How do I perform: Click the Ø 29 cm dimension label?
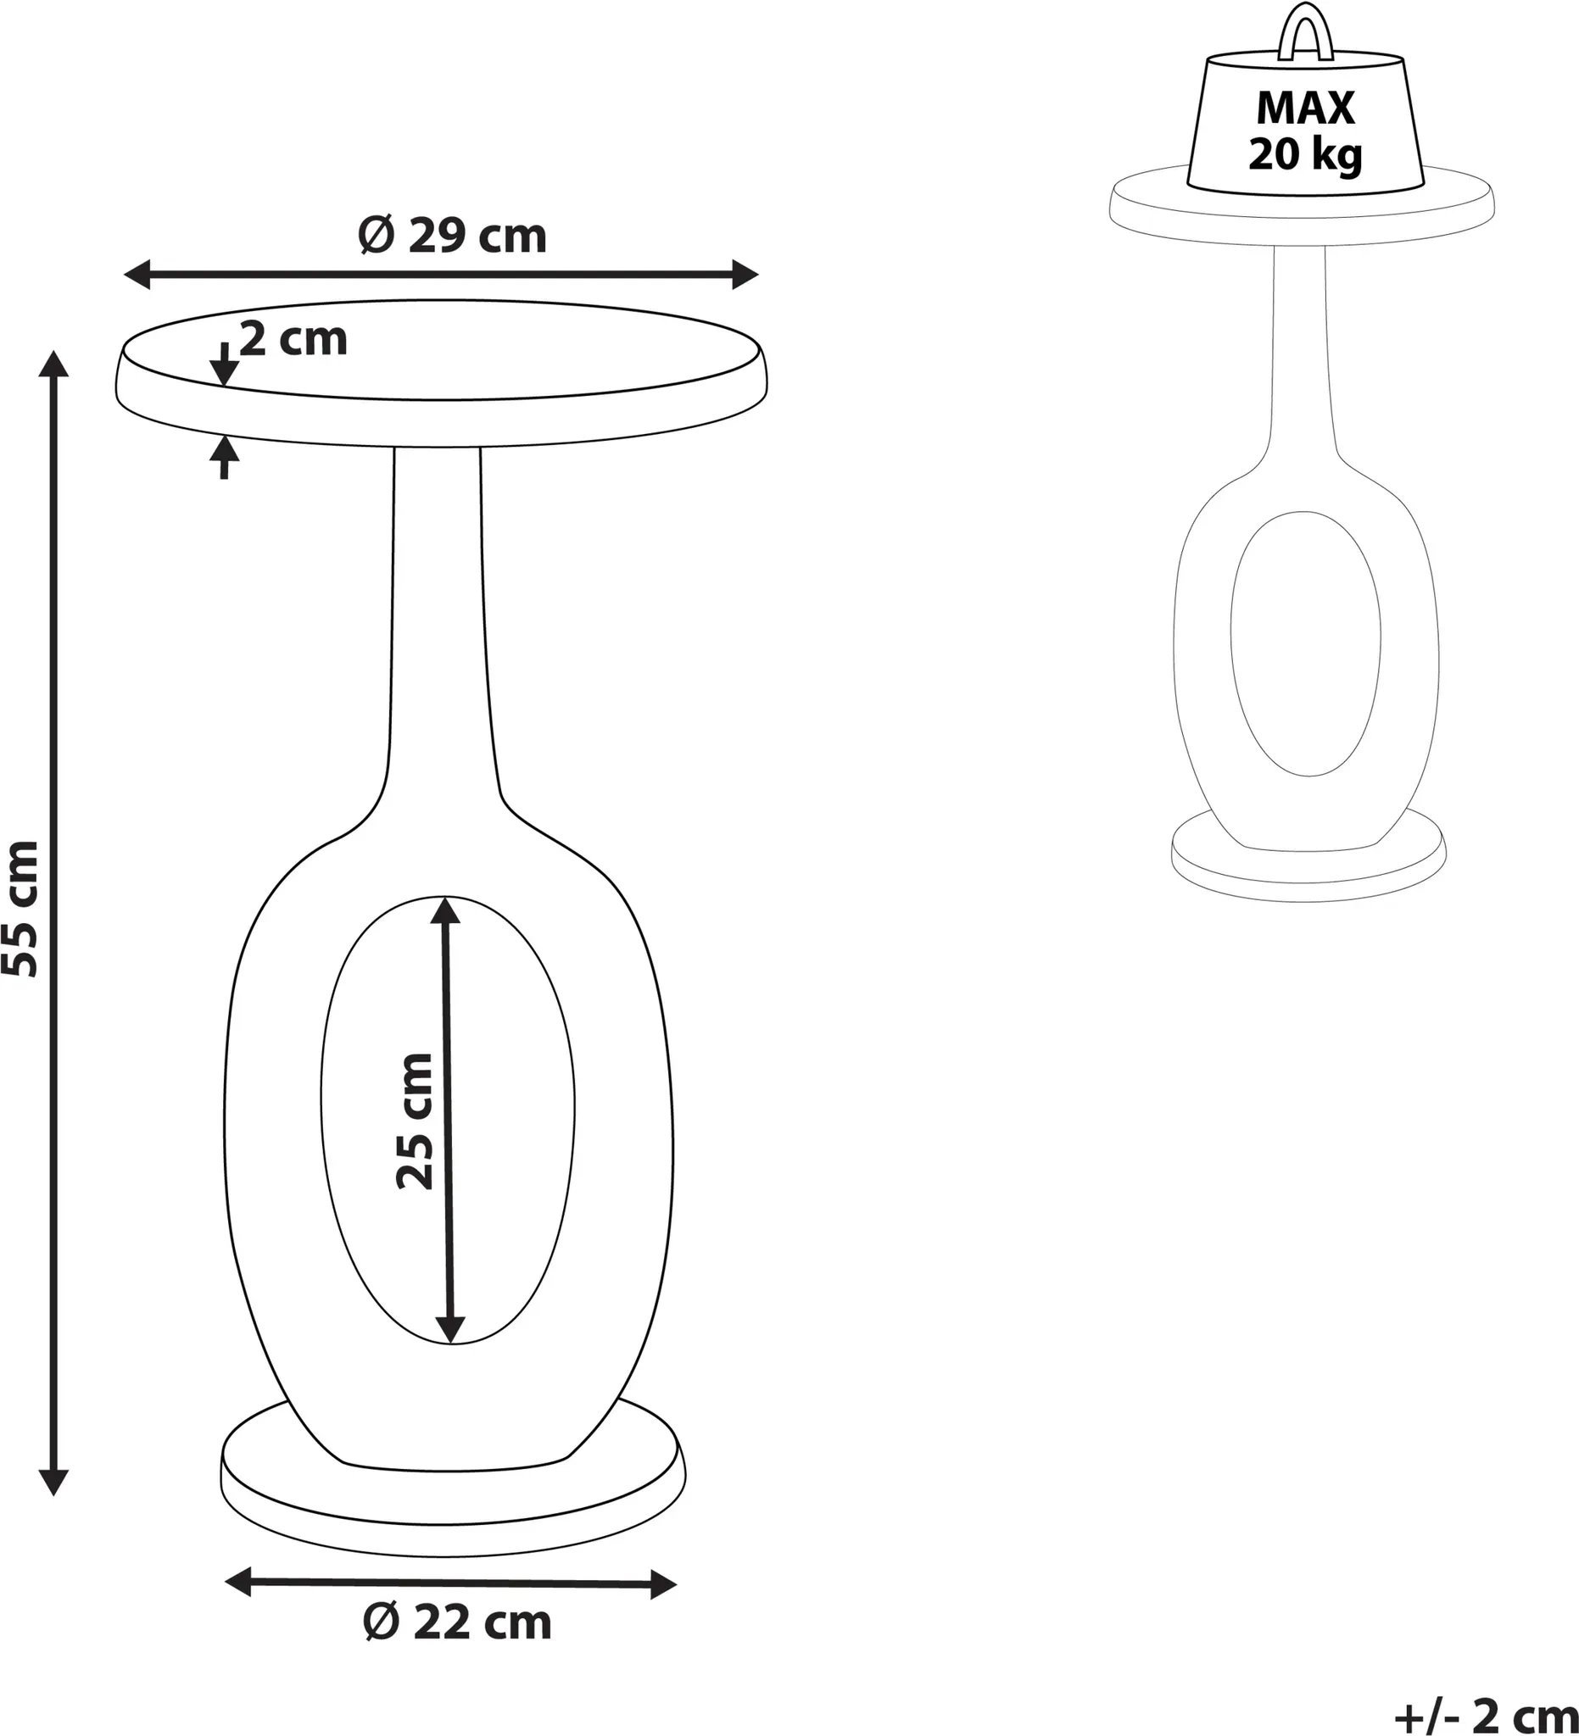[452, 235]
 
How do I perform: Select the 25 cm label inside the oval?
[416, 1121]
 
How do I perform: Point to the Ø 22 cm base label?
[457, 1623]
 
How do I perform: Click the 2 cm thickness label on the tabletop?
[293, 338]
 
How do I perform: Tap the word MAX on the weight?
[1305, 108]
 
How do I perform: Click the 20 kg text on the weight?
[1305, 155]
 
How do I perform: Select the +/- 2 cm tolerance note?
[1486, 1717]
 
